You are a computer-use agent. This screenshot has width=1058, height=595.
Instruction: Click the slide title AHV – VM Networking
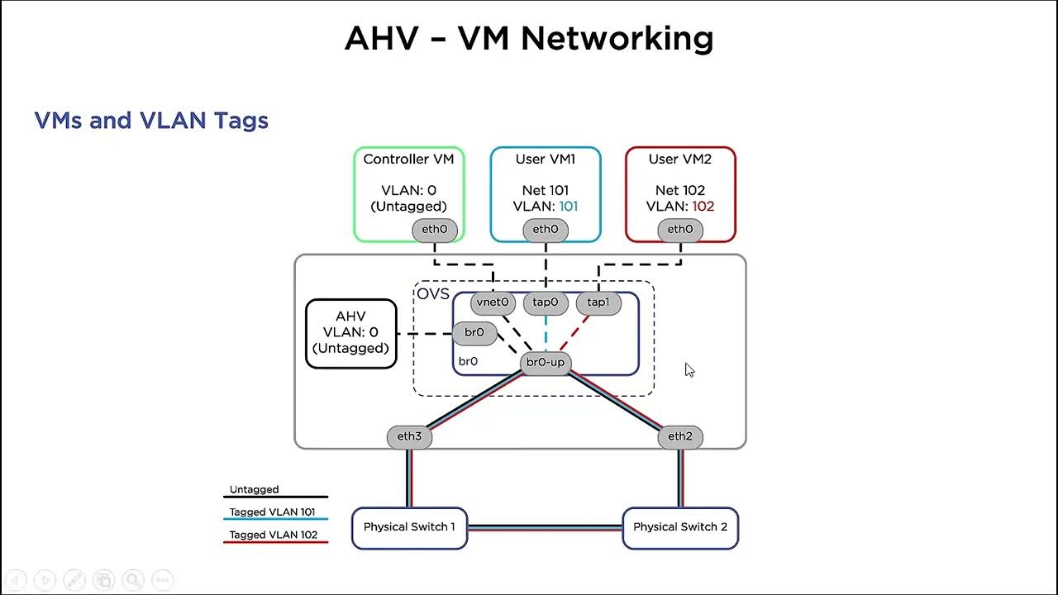click(x=529, y=39)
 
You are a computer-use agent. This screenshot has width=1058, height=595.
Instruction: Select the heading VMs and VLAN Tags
click(x=151, y=121)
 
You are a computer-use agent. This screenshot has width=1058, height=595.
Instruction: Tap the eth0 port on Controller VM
click(x=435, y=230)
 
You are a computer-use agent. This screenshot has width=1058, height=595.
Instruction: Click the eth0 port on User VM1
click(x=546, y=230)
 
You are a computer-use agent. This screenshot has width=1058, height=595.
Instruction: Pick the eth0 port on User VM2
click(x=680, y=230)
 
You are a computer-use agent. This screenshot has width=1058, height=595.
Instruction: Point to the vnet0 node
click(x=493, y=302)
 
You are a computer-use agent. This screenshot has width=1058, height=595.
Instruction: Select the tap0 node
click(x=546, y=302)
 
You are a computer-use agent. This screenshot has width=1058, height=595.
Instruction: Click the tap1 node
click(x=598, y=302)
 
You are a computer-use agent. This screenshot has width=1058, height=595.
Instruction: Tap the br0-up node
click(x=546, y=363)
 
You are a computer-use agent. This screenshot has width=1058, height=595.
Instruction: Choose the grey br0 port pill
click(x=474, y=333)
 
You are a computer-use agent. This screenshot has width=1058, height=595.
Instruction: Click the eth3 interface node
click(x=409, y=436)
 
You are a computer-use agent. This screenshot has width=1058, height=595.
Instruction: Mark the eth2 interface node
click(x=680, y=436)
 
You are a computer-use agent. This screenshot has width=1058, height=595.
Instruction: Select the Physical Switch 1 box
click(x=409, y=527)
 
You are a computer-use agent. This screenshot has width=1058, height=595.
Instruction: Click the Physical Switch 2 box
click(x=680, y=527)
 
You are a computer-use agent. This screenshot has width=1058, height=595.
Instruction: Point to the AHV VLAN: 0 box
click(x=350, y=333)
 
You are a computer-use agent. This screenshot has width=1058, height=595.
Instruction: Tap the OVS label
click(x=433, y=294)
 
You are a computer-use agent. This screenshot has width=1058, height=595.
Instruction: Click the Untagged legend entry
click(x=255, y=490)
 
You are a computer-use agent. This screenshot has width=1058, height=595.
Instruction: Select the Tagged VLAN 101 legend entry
click(x=272, y=512)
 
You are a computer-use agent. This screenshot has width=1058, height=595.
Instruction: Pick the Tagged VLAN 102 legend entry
click(x=274, y=535)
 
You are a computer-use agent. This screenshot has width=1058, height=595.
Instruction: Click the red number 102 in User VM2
click(x=703, y=207)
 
